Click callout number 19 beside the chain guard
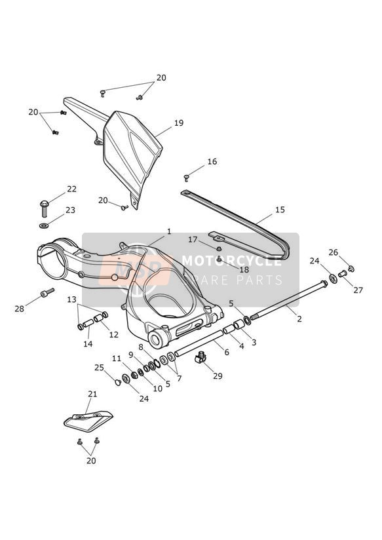[179, 123]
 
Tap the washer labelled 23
[44, 226]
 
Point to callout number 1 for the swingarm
[169, 232]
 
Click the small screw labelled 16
[186, 178]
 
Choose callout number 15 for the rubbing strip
[280, 210]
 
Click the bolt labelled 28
[47, 292]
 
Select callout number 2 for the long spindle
[299, 319]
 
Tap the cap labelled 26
[351, 269]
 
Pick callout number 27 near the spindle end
[358, 290]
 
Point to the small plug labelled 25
[118, 382]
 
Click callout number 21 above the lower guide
[92, 394]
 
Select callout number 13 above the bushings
[71, 299]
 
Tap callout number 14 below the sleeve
[88, 343]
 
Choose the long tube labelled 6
[200, 342]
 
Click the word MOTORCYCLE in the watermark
[232, 261]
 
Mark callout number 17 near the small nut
[193, 239]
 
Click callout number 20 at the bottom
[91, 461]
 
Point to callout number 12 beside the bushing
[113, 334]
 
